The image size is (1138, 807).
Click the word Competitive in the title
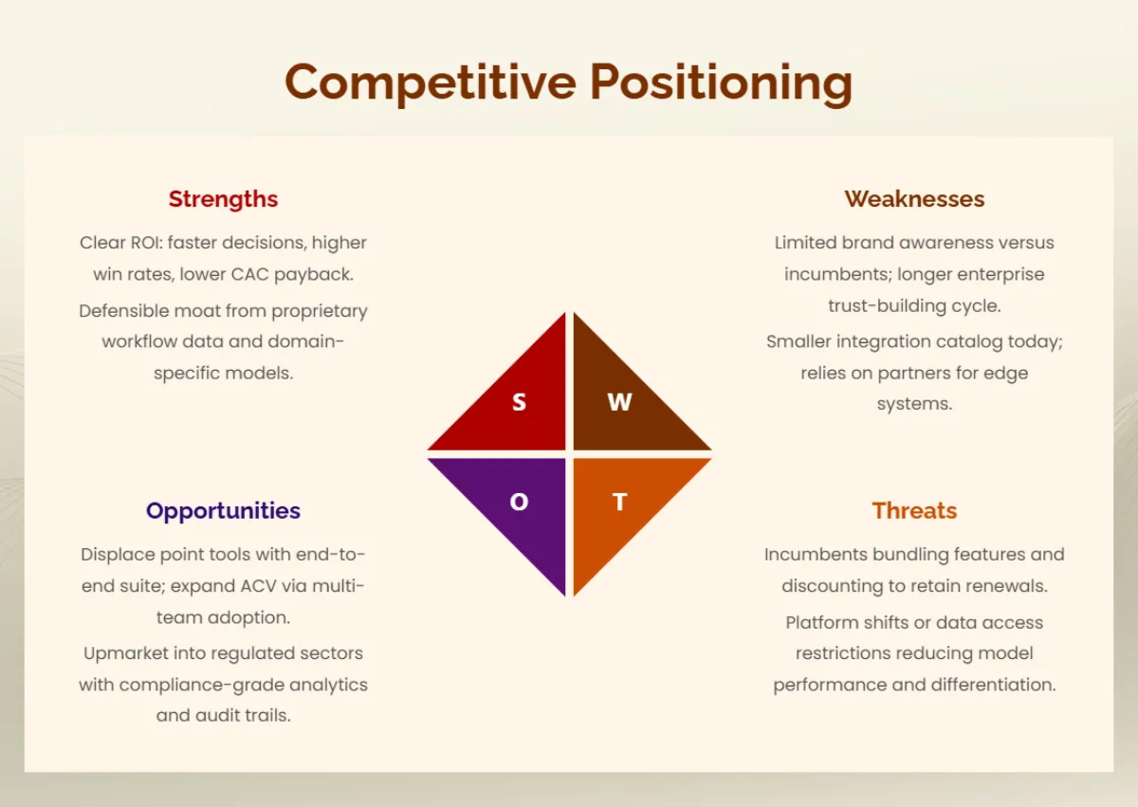[431, 83]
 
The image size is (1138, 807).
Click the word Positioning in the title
[721, 83]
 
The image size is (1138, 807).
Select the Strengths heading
[223, 199]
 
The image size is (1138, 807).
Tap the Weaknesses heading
[914, 199]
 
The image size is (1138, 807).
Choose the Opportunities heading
[223, 511]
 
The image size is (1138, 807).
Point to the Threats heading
[914, 511]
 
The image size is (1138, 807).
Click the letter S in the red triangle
[519, 402]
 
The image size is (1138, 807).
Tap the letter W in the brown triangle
[619, 402]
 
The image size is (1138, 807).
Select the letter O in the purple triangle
[519, 502]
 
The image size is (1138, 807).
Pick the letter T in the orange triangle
[619, 502]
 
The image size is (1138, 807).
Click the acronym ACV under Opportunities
[258, 586]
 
